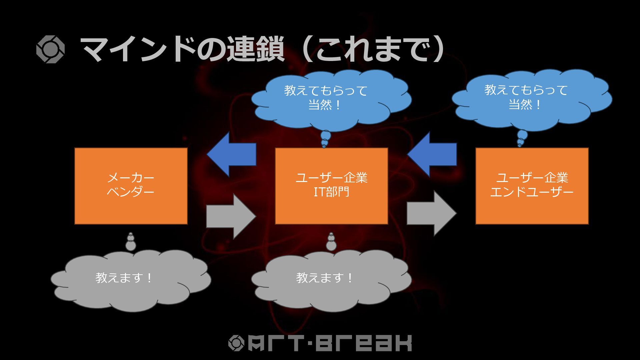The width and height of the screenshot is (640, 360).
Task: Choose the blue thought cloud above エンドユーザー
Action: pos(532,98)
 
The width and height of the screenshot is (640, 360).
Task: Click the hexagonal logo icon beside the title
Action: pos(50,49)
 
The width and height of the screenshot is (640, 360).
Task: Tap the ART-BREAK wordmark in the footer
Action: pos(330,343)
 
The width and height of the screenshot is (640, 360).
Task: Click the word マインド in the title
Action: pos(138,49)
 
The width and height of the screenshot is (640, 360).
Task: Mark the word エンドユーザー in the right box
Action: pos(532,192)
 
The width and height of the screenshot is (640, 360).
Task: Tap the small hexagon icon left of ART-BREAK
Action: pos(237,343)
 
